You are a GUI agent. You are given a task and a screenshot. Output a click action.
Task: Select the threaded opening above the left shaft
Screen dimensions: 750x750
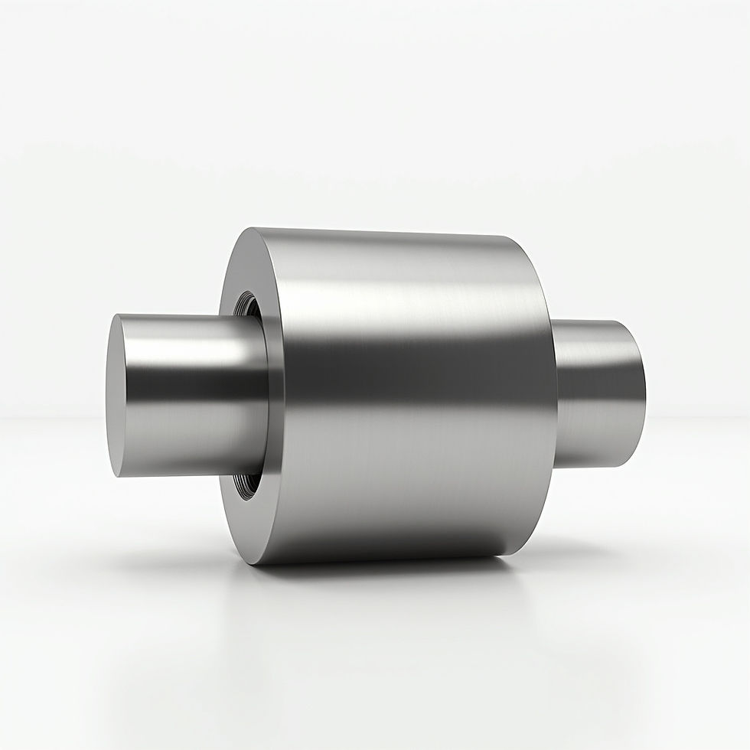(249, 306)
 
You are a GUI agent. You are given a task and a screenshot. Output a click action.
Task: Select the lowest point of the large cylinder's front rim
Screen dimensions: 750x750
(256, 563)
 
